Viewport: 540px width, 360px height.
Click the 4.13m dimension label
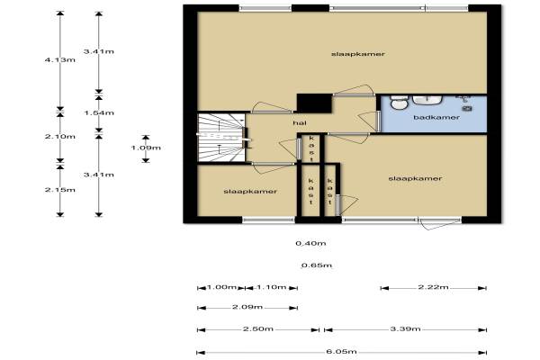[x=60, y=60]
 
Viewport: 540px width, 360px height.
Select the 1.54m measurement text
[x=99, y=113]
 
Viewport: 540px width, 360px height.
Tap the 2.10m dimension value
[x=60, y=137]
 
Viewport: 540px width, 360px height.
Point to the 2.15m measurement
[x=60, y=190]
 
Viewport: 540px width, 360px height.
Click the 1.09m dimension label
[x=146, y=148]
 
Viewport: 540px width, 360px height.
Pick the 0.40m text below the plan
[x=310, y=244]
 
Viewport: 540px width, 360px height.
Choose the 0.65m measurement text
[x=317, y=265]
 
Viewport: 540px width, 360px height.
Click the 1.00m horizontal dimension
[x=221, y=287]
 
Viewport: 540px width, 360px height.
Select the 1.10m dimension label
[x=272, y=287]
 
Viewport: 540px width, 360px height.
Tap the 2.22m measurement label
[x=433, y=287]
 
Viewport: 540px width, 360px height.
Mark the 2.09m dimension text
[x=247, y=307]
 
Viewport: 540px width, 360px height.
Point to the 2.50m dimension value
[x=258, y=329]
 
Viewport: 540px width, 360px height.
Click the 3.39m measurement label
[x=405, y=329]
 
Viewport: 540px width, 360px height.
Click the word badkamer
[x=436, y=118]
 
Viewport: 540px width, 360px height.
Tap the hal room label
[x=300, y=123]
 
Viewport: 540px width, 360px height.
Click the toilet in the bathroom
[x=399, y=103]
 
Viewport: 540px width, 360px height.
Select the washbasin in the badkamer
[x=427, y=100]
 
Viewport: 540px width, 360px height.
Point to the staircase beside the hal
[x=221, y=138]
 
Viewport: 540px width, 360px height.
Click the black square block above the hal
[x=314, y=103]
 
